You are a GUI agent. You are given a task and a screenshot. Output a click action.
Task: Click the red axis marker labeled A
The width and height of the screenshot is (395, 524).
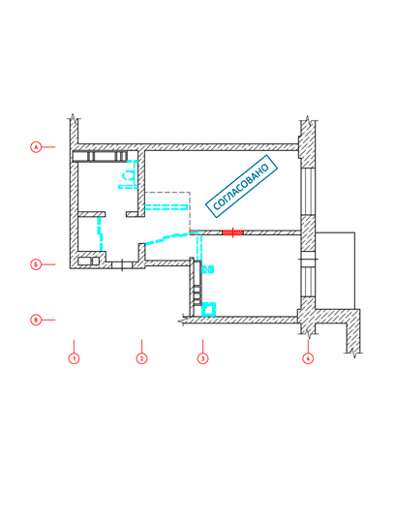(x=36, y=146)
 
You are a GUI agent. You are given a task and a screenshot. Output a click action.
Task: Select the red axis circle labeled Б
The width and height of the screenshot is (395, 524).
(x=36, y=264)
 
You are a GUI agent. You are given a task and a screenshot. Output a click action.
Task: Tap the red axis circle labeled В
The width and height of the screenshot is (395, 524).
(x=36, y=320)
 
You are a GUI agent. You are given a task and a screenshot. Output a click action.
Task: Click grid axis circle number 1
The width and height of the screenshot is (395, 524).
(x=74, y=358)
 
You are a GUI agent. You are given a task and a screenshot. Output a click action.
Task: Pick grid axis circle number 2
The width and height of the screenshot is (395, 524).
(x=141, y=358)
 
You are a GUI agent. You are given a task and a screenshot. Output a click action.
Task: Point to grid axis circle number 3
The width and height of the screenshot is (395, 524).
(x=202, y=358)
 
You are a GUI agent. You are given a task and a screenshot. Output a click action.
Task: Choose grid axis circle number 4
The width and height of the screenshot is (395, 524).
(x=308, y=358)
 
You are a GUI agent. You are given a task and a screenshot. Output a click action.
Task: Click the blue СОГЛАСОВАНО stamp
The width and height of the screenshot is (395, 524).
(x=241, y=187)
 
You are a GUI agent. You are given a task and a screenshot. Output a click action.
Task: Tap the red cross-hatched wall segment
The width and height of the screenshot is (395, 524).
(x=232, y=232)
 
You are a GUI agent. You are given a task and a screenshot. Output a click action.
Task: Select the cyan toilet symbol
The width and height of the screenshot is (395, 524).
(x=130, y=175)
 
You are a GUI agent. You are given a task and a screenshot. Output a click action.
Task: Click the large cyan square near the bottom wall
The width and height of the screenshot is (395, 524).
(x=209, y=309)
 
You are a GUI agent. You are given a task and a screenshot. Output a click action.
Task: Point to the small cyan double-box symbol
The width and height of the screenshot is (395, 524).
(x=208, y=269)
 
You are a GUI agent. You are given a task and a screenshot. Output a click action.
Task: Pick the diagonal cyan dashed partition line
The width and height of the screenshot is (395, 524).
(x=167, y=238)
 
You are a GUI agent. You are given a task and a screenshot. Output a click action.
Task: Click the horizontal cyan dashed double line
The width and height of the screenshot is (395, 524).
(x=166, y=207)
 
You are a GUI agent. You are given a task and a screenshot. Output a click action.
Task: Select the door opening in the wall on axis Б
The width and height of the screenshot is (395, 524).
(x=122, y=265)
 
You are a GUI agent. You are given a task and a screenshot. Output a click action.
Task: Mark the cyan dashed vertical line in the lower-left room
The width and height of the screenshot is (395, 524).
(x=100, y=234)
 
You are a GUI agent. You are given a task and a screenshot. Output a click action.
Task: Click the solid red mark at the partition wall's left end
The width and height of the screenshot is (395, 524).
(x=193, y=232)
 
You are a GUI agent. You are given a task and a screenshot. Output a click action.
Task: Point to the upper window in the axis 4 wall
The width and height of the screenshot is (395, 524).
(x=308, y=191)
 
